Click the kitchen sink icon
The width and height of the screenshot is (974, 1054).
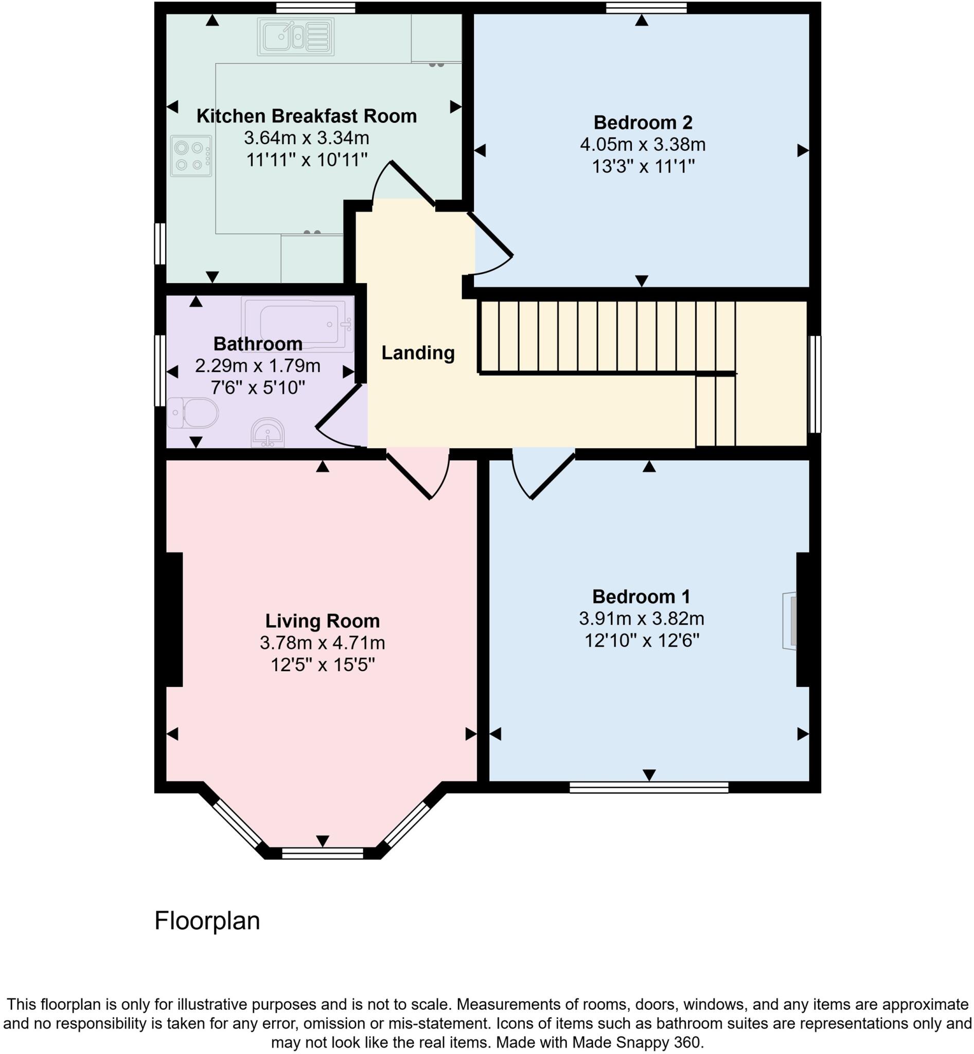[x=296, y=37]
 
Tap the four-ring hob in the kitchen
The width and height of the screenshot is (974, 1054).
[x=191, y=155]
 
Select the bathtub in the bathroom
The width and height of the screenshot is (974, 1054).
[x=298, y=323]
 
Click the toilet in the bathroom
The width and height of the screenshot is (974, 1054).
[x=193, y=413]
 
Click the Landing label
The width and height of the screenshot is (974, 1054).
[x=418, y=353]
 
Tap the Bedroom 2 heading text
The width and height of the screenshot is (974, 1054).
[x=643, y=122]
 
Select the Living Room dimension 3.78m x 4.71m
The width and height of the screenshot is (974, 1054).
[x=322, y=643]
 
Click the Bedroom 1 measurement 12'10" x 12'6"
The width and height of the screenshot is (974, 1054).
[x=642, y=641]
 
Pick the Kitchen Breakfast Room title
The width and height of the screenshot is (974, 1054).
[x=306, y=116]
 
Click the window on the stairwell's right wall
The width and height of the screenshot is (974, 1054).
[x=815, y=384]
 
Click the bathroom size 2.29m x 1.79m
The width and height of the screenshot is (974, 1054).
[x=257, y=365]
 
